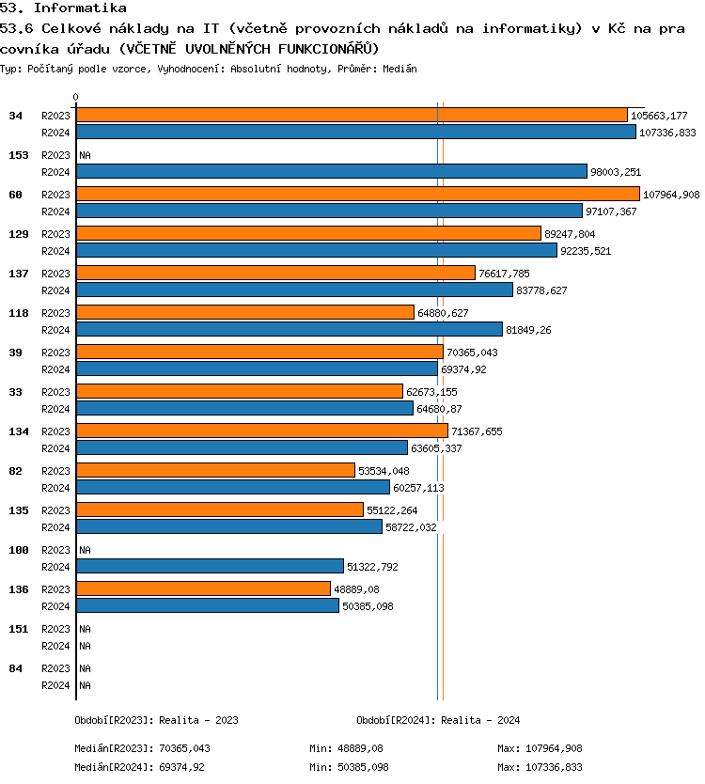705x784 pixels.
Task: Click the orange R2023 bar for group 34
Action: pos(352,115)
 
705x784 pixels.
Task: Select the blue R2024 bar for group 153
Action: pos(331,171)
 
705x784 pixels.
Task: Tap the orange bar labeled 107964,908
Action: pos(357,194)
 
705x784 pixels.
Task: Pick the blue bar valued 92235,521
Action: pos(316,251)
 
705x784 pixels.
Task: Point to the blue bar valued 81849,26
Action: pos(289,329)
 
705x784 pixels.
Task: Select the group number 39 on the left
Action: pos(15,352)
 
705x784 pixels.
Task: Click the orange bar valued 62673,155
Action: pos(239,391)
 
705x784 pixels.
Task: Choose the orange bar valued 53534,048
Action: pos(215,470)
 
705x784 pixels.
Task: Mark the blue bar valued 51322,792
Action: pos(210,566)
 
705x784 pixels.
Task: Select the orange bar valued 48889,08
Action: pos(203,588)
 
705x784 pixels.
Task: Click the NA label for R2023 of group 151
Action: pos(85,629)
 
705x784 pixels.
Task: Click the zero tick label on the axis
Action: pos(76,97)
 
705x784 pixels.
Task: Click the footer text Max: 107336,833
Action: pos(540,767)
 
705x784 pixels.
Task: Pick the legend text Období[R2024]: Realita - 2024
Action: pos(438,720)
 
